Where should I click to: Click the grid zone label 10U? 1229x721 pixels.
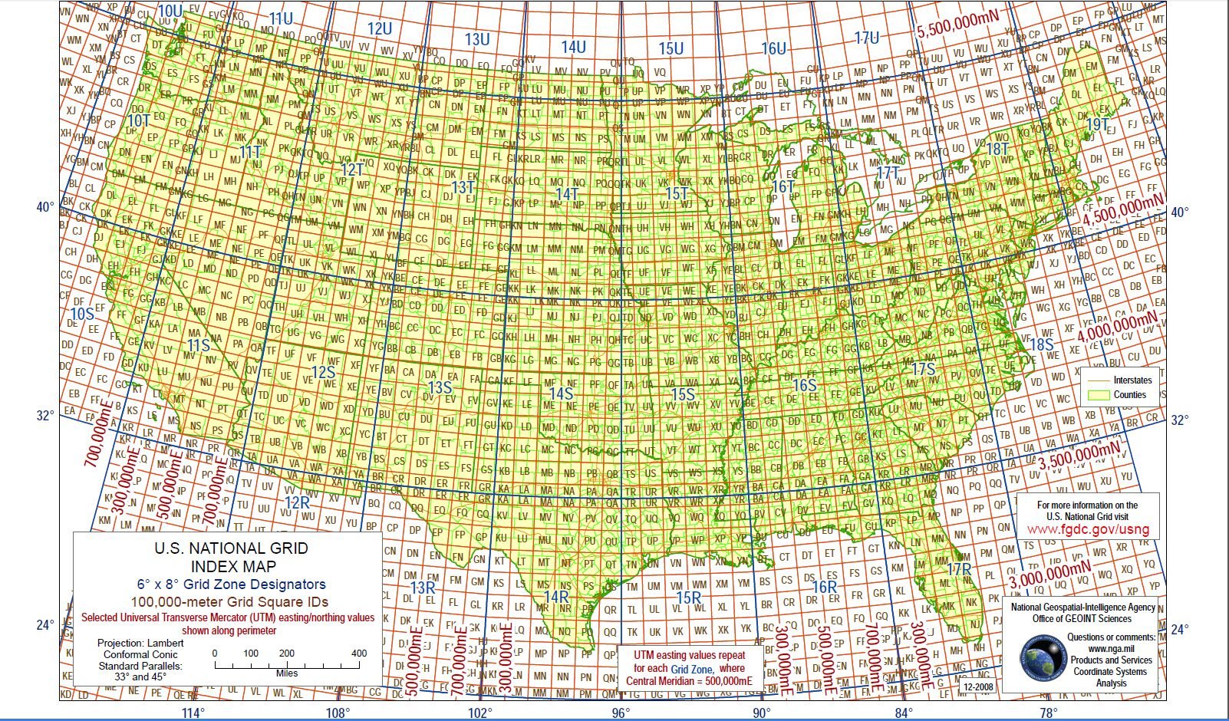170,11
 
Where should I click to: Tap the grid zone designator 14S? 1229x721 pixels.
561,393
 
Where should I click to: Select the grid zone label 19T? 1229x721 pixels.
1098,124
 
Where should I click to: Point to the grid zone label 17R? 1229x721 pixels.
959,570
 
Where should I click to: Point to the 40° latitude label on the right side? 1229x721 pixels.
1179,212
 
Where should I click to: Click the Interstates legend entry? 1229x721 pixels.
1132,380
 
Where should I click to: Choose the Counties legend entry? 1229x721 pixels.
1129,395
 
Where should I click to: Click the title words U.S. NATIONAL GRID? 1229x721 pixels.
231,548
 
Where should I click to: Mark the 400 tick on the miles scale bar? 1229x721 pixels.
358,654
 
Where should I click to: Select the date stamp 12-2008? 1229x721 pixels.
977,687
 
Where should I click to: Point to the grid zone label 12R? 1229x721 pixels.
297,502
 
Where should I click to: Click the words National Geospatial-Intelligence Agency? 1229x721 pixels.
1082,607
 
